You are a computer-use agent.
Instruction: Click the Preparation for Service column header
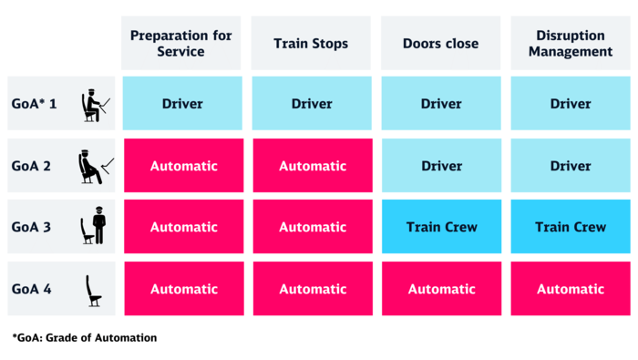click(x=181, y=43)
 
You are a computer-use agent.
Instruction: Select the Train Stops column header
click(x=312, y=43)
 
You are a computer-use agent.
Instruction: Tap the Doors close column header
click(x=441, y=43)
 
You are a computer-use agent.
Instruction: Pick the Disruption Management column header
click(x=571, y=43)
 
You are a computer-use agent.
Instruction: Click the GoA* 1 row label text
click(x=35, y=104)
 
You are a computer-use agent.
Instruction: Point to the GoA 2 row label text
click(x=33, y=166)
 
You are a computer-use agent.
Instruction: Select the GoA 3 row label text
click(x=33, y=227)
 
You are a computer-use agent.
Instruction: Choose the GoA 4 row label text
click(x=33, y=289)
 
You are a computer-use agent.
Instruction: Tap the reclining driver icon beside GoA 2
click(x=94, y=167)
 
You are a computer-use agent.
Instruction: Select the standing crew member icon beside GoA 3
click(x=94, y=228)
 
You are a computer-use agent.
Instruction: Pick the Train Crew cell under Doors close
click(x=441, y=227)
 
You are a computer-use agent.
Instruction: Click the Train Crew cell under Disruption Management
click(x=571, y=227)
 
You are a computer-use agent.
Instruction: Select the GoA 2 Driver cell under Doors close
click(x=441, y=166)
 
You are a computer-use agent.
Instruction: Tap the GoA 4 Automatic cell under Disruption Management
click(x=571, y=289)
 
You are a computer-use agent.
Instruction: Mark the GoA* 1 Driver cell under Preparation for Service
click(x=182, y=104)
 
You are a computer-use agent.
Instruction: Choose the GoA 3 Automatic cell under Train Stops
click(x=312, y=227)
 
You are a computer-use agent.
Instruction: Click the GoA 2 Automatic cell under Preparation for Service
click(x=182, y=166)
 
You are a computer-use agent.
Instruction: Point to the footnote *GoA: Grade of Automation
click(x=85, y=338)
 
